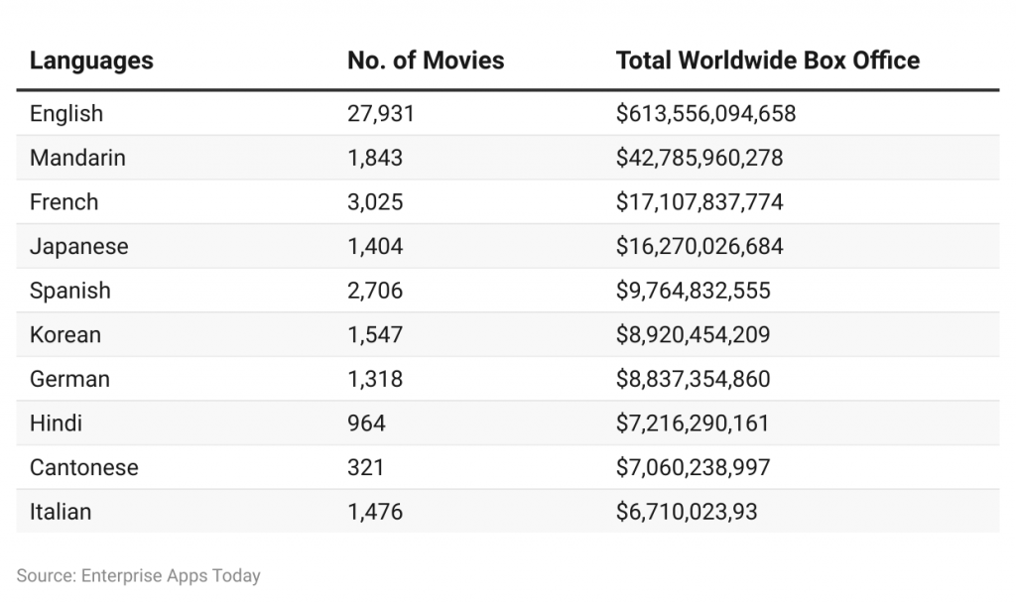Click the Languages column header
[91, 60]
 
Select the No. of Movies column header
[426, 60]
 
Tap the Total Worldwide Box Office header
[767, 60]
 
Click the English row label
[66, 114]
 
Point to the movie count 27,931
[380, 114]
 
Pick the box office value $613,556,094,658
[705, 114]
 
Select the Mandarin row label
[77, 158]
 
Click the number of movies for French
[375, 202]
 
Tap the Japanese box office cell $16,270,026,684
[699, 246]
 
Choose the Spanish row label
[69, 291]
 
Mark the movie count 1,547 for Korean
[375, 335]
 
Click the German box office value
[693, 379]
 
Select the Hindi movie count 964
[366, 423]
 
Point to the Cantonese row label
[84, 467]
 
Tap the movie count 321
[365, 467]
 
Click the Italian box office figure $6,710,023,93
[687, 512]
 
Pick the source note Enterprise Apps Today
[138, 575]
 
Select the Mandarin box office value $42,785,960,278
[699, 158]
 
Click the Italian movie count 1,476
[375, 512]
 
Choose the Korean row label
[65, 335]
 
